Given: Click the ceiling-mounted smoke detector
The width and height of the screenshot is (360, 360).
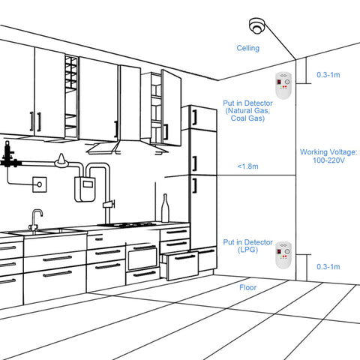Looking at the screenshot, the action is (x=256, y=25).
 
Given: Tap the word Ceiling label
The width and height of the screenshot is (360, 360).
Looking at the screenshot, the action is (x=248, y=48).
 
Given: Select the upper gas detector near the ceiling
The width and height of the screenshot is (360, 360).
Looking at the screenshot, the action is (x=283, y=85).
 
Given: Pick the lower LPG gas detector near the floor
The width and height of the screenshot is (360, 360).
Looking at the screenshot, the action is (x=283, y=255).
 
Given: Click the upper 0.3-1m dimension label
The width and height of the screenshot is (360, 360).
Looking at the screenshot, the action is (x=328, y=75).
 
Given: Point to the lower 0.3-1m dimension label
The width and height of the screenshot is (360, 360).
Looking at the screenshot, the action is (x=328, y=266).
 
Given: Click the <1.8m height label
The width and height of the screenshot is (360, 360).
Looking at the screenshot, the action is (x=247, y=166).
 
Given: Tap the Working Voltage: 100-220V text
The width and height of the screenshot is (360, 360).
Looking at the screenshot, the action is (x=328, y=156).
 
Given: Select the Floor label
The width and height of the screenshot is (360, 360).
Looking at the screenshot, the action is (x=247, y=287).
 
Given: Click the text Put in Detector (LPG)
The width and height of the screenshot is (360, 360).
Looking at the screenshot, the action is (x=247, y=246).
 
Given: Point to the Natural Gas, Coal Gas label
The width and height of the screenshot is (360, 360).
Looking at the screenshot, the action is (x=247, y=114).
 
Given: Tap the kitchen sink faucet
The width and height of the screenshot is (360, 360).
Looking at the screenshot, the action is (x=36, y=220).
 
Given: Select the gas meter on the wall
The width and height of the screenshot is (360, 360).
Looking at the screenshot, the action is (x=85, y=189).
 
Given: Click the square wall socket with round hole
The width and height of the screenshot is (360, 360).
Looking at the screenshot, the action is (x=40, y=184).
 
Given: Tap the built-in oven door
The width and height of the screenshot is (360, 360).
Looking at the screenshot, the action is (x=142, y=258).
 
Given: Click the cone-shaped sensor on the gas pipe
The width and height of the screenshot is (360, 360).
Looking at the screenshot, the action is (x=61, y=160).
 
